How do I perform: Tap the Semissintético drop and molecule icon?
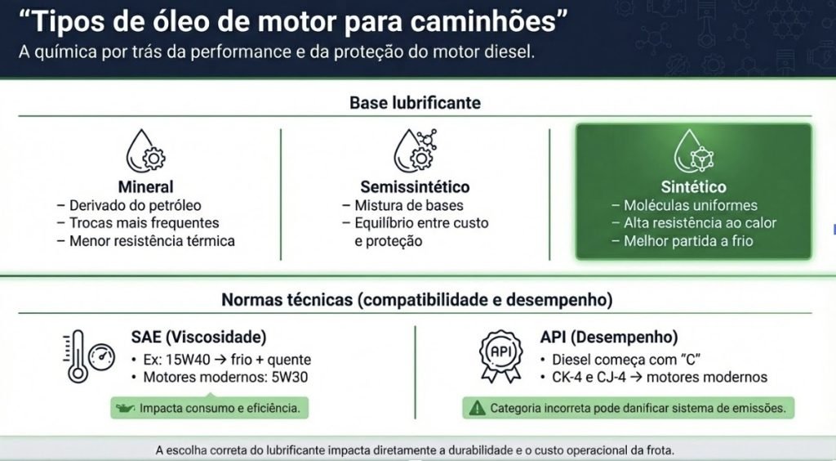pos(416,150)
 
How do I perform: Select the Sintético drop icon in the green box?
pos(694,150)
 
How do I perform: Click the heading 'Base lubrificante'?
pos(416,102)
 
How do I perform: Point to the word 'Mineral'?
pos(145,186)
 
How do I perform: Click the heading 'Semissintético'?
pos(416,186)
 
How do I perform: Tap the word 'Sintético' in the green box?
pos(694,186)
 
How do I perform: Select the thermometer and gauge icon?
pos(89,356)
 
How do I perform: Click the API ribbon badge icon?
pos(500,356)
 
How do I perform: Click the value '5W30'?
pos(290,378)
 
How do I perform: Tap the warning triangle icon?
pos(477,408)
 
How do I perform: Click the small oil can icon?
pos(125,409)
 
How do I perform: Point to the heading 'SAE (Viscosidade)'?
pos(199,338)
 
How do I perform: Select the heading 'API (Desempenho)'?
pos(609,338)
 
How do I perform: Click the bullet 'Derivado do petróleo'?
pos(136,205)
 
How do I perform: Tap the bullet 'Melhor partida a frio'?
pos(688,241)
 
